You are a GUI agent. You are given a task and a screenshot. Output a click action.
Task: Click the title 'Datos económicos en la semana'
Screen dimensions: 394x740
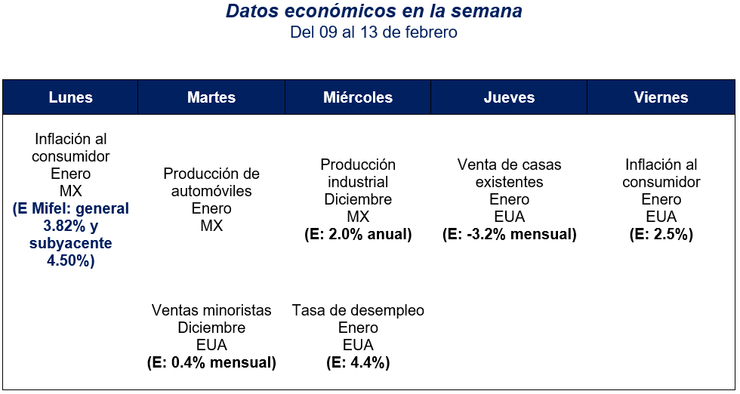374,12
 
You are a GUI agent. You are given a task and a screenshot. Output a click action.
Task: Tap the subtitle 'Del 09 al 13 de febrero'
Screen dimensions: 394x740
374,32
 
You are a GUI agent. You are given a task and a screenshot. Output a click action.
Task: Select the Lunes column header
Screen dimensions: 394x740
70,97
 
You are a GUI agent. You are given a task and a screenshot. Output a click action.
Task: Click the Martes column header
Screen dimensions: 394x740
211,97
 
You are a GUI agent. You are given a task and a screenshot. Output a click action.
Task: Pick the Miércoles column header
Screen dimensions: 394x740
358,97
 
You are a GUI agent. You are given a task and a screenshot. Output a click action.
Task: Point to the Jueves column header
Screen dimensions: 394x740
509,97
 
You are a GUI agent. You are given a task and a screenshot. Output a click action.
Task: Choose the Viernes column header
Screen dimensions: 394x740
661,97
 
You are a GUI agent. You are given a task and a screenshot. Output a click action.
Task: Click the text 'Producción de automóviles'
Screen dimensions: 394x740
211,182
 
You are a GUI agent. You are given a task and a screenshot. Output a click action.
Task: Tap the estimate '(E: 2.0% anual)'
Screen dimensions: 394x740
358,235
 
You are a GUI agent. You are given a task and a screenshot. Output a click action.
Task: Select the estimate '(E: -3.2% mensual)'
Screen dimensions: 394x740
509,235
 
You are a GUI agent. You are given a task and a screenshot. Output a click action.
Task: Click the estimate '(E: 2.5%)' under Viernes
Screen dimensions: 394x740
661,235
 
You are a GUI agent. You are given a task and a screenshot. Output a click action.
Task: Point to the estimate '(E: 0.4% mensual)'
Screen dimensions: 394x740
211,363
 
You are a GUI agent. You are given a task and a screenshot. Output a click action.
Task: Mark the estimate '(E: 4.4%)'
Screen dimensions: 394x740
358,363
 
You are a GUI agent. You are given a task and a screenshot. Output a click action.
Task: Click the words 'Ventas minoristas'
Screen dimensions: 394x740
211,310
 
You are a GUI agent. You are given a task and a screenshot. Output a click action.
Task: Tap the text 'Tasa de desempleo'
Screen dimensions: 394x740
358,310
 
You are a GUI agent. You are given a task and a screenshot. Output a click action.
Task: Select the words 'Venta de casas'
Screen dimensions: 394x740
509,165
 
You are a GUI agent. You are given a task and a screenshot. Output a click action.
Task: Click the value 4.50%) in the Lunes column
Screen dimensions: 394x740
71,261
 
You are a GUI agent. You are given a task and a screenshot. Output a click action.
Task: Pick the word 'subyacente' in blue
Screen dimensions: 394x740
71,243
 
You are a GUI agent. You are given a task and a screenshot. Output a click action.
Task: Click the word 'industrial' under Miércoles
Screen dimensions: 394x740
358,182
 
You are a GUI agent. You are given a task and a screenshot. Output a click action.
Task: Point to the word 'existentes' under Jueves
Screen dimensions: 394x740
509,182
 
